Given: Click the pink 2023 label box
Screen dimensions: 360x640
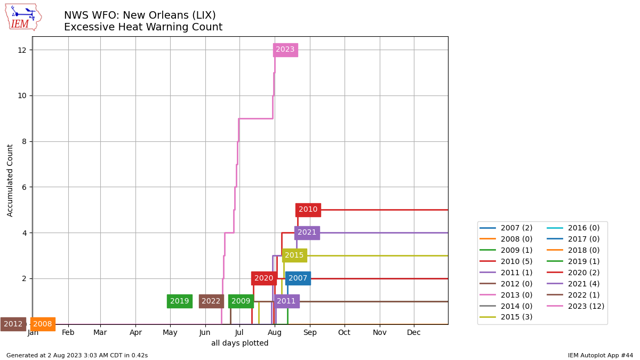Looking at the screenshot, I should (x=285, y=50).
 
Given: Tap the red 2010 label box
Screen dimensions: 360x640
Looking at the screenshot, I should (x=308, y=210).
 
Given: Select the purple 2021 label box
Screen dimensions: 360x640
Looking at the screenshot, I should (x=307, y=233).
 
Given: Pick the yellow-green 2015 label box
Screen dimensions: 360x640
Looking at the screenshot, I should (x=294, y=255).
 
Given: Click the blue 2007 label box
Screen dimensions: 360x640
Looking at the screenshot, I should (x=298, y=278).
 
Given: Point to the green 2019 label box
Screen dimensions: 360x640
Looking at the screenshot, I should (x=179, y=301).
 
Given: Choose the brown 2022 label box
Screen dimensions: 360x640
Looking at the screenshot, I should (x=211, y=301).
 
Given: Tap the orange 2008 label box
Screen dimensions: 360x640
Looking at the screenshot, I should (x=43, y=324).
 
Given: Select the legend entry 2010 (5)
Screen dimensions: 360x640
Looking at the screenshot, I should (x=516, y=261).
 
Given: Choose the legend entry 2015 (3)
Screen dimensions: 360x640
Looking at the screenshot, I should (x=516, y=317).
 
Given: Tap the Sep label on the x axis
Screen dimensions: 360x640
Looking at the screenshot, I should (x=310, y=333).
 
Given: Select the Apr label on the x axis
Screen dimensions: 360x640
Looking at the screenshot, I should (x=135, y=333).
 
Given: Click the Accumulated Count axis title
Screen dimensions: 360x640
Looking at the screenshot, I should (x=10, y=180).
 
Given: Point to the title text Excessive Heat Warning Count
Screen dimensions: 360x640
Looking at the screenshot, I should (x=143, y=27).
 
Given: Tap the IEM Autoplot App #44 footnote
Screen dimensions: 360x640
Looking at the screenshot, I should (x=600, y=355).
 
